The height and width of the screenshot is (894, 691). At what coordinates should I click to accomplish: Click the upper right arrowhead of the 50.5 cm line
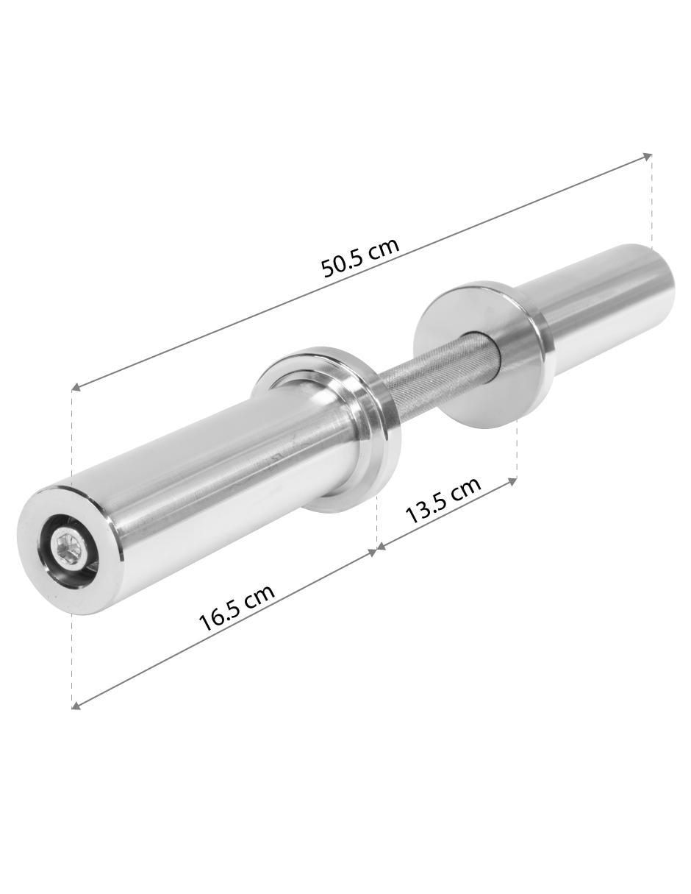point(648,156)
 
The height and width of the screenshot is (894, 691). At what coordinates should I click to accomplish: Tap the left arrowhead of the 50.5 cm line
point(77,386)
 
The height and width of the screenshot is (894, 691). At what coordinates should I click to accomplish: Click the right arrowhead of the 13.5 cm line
point(512,480)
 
